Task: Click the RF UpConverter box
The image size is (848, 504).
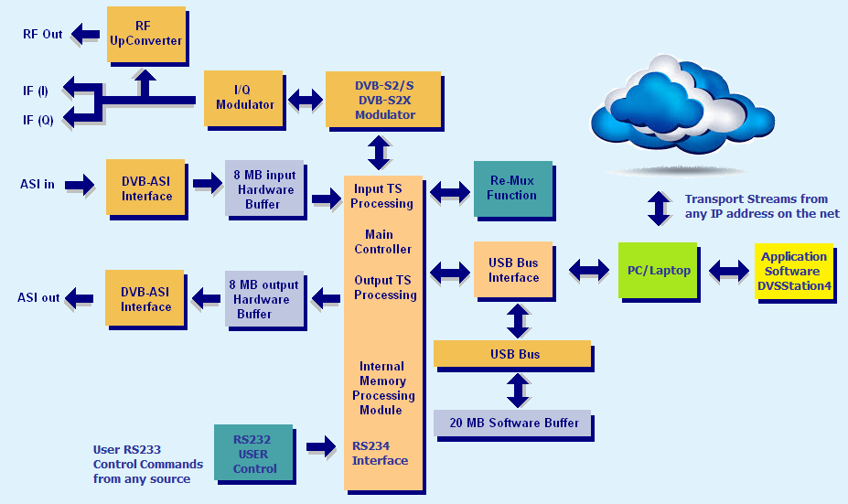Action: (x=146, y=35)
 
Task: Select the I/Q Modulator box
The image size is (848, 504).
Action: (x=243, y=99)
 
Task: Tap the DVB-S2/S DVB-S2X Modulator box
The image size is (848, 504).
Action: (x=383, y=100)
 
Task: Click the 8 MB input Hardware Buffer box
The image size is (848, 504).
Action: (x=264, y=188)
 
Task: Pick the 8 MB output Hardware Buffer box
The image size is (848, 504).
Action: (x=264, y=299)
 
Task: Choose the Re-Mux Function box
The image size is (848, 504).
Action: (x=513, y=188)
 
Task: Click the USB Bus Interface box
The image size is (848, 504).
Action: (x=513, y=269)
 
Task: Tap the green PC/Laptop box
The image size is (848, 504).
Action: (x=658, y=271)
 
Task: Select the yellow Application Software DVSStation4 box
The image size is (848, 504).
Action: (x=794, y=272)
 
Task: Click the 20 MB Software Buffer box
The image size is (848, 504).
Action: (x=512, y=423)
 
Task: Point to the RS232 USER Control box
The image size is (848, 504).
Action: (x=253, y=453)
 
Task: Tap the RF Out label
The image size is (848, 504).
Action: (x=43, y=34)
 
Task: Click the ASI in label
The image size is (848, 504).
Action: (x=38, y=185)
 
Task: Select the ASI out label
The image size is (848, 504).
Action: (x=38, y=298)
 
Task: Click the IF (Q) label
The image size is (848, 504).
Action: (x=38, y=120)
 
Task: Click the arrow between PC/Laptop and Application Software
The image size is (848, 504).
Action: (x=728, y=271)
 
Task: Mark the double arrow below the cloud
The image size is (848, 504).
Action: (x=660, y=208)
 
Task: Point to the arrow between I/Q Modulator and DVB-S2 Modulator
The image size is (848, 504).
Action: (x=305, y=100)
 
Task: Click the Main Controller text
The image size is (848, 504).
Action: (x=382, y=241)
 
